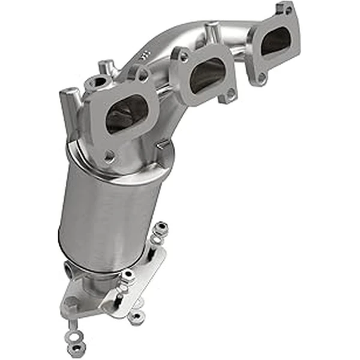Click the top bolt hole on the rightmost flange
(x=286, y=10)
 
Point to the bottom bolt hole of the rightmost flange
(x=262, y=77)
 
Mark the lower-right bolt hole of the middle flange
(x=230, y=94)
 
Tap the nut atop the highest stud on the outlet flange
(x=160, y=229)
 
